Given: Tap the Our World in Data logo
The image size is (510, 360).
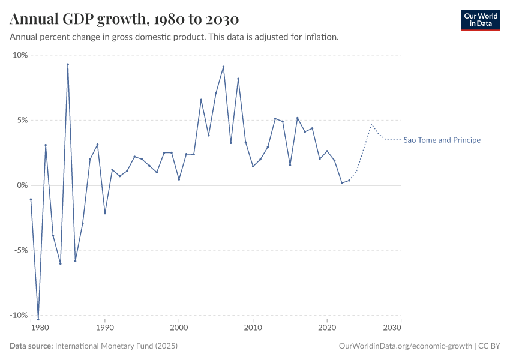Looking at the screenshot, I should point(480,20).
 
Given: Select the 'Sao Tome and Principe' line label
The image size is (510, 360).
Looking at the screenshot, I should point(442,140).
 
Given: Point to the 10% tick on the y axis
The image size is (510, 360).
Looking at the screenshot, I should point(20,55).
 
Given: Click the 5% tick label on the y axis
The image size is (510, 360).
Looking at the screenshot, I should point(22,120).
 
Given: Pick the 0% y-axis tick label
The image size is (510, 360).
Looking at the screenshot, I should point(22,185).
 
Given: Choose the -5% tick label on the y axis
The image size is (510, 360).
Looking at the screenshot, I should point(20,250).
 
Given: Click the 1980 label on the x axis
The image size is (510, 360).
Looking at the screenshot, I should point(40,328).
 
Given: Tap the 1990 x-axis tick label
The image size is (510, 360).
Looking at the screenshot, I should point(105,328).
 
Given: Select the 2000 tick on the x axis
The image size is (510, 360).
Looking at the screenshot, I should point(179,328).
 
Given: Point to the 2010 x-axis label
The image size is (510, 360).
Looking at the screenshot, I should point(253,328).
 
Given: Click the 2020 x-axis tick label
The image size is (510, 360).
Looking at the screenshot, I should point(327,328).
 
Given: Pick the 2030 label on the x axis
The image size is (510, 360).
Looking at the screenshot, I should point(392,328).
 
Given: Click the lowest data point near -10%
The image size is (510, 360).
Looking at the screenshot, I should point(38,319).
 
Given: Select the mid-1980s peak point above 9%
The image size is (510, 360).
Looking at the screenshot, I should point(68,64).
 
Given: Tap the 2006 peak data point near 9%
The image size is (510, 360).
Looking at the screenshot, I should point(223,67).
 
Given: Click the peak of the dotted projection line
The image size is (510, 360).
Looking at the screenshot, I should point(371,124).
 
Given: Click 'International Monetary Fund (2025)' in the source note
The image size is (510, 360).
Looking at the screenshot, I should point(116,346).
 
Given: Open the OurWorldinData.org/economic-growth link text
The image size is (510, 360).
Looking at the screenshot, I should point(406,346).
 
